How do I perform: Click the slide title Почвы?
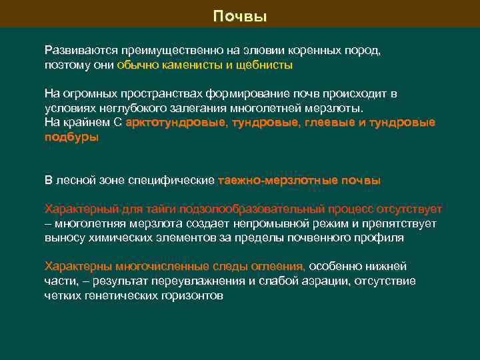coord(240,16)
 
